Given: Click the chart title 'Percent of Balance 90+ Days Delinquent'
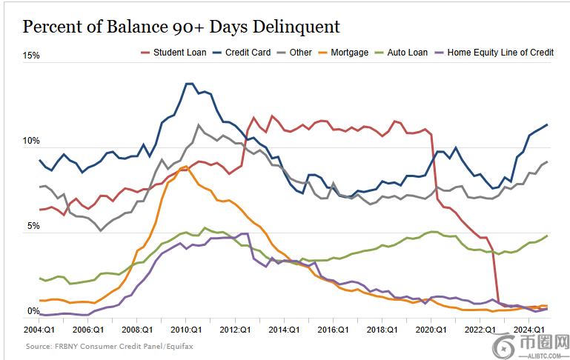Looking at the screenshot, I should tap(181, 27).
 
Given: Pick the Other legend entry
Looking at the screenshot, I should tap(300, 53).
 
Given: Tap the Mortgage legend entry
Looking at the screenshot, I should tap(349, 53).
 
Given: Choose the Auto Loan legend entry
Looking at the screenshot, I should tap(408, 53).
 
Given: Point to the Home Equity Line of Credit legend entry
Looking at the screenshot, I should tap(500, 53).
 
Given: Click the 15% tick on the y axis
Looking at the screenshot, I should tap(31, 56).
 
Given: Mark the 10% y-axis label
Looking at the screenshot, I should tap(31, 141).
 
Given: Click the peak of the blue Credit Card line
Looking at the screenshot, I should tap(188, 84).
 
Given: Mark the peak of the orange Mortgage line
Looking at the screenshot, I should tap(185, 167).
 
